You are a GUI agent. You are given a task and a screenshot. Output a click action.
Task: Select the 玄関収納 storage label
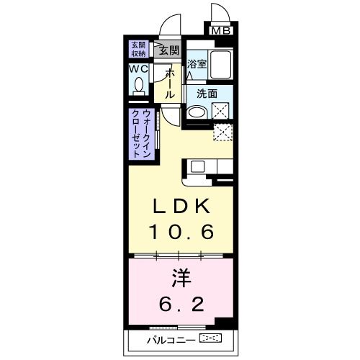tap(138, 49)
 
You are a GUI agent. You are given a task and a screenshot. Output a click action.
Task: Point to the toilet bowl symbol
tap(138, 84)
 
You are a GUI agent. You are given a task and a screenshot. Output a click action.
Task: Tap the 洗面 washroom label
tap(207, 94)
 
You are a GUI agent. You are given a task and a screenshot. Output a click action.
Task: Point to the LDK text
tap(180, 206)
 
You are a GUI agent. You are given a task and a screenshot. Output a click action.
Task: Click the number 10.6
tap(180, 231)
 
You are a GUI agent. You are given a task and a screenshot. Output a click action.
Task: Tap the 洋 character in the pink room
tap(181, 277)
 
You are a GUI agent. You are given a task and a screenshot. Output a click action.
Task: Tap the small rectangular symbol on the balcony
tap(211, 338)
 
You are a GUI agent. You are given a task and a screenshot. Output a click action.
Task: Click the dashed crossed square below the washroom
tap(223, 132)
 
